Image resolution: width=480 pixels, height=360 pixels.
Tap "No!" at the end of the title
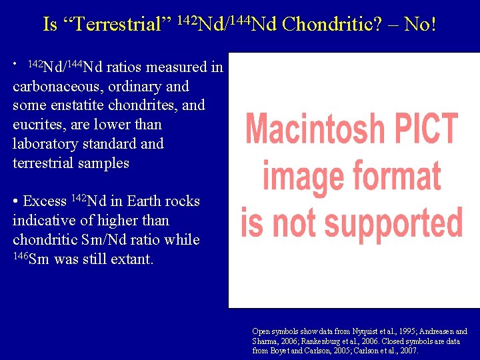[420, 25]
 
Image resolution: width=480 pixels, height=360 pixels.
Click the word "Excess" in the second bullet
[45, 201]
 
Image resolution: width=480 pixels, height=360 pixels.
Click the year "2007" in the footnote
[407, 350]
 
